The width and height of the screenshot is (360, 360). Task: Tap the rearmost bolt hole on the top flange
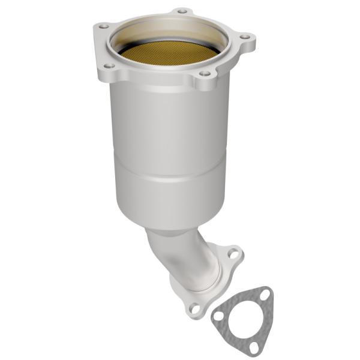pyautogui.click(x=181, y=11)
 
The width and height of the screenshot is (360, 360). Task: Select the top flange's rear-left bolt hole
pyautogui.click(x=103, y=26)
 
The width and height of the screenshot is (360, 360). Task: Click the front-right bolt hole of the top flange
pyautogui.click(x=205, y=73)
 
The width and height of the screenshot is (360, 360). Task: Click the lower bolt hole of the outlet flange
pyautogui.click(x=194, y=308)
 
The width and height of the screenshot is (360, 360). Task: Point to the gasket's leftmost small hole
pyautogui.click(x=219, y=316)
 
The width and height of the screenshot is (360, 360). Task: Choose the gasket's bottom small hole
pyautogui.click(x=254, y=346)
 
